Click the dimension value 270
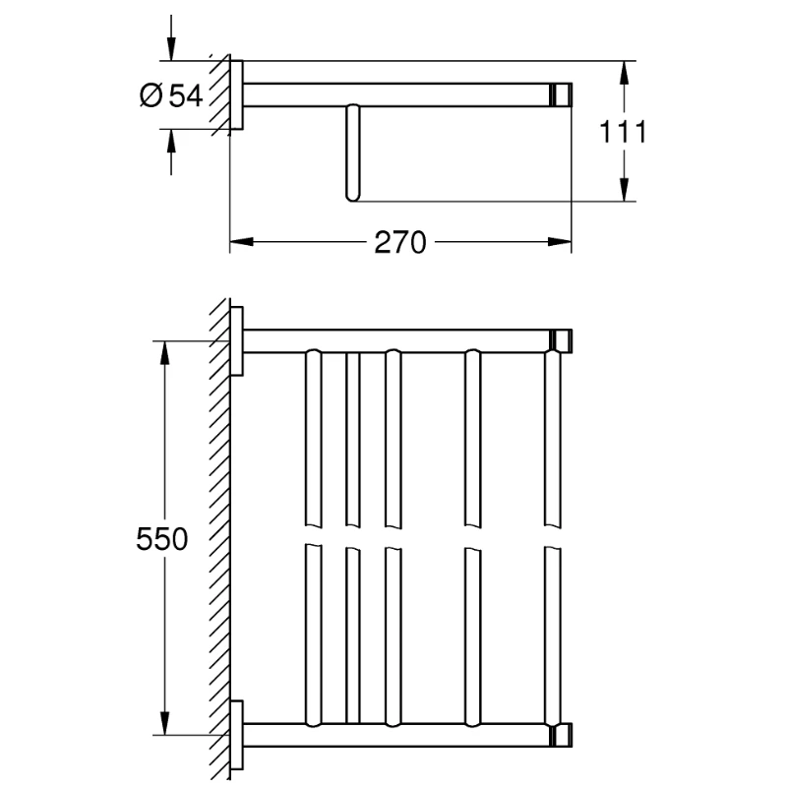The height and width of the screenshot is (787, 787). click(x=400, y=242)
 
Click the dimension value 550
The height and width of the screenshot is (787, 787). click(x=160, y=538)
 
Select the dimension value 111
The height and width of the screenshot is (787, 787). click(x=623, y=131)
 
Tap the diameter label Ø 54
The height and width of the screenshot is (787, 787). click(x=171, y=94)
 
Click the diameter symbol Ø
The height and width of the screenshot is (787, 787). click(x=151, y=94)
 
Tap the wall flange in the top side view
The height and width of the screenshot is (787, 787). click(x=236, y=93)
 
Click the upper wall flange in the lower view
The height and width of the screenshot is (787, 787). click(x=236, y=340)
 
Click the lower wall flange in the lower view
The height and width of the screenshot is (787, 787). click(x=236, y=734)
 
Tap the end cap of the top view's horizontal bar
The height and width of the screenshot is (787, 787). click(x=562, y=94)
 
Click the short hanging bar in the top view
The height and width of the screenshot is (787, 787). click(x=351, y=152)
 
